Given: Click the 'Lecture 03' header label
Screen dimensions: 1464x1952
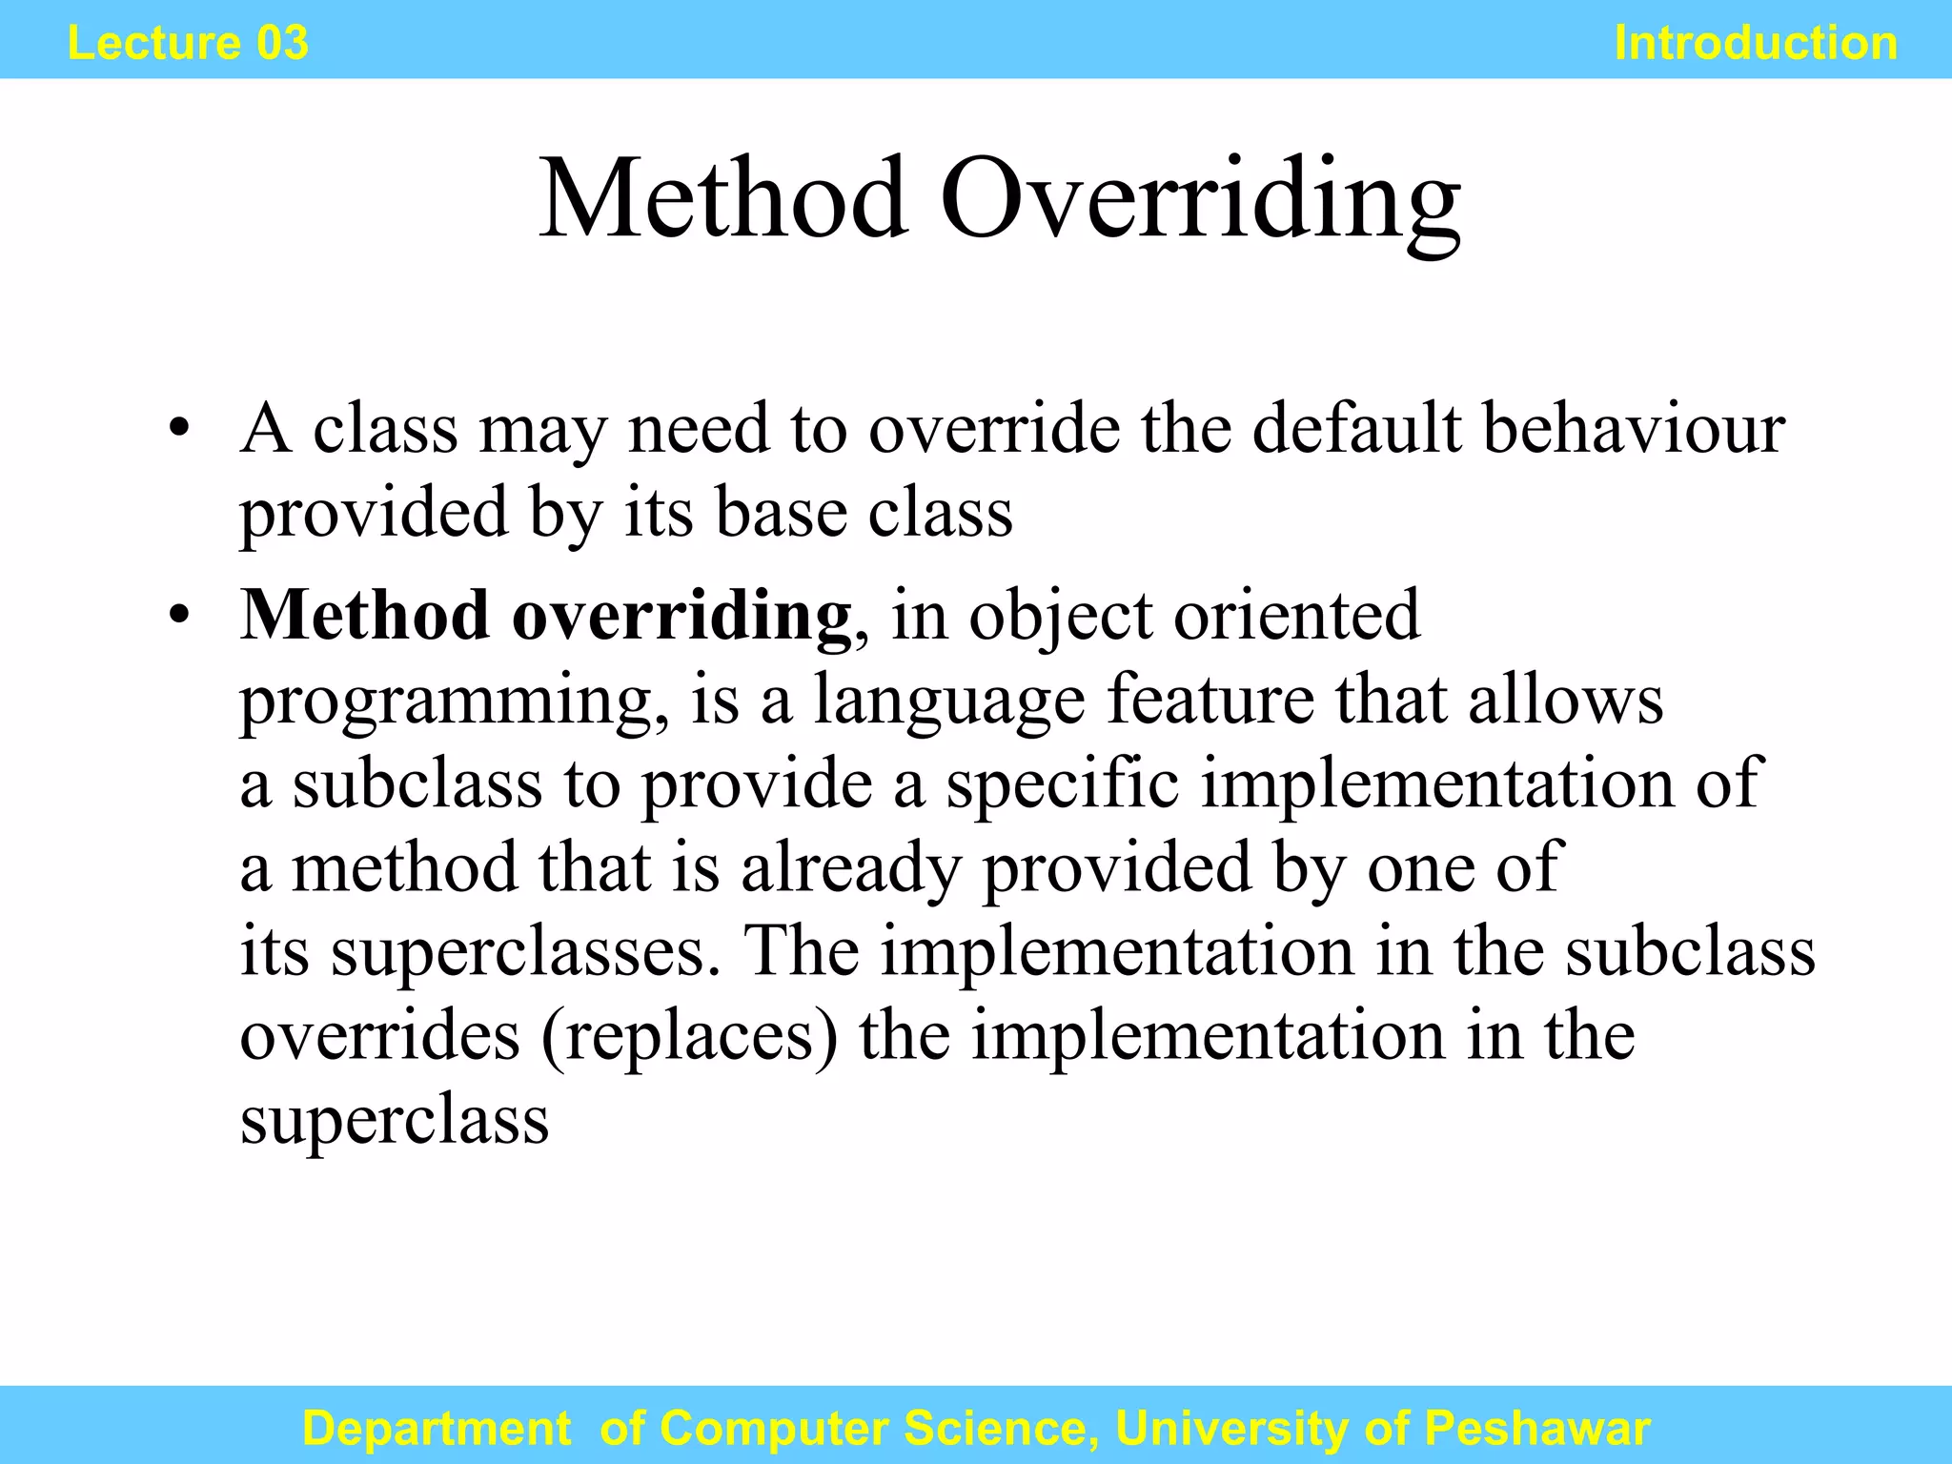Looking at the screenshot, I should [x=188, y=43].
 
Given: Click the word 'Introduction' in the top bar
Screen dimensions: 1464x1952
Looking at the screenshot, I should [x=1756, y=43].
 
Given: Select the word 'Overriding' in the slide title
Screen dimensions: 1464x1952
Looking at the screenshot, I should [x=1200, y=200].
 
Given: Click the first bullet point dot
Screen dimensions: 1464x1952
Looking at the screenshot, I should [x=178, y=429].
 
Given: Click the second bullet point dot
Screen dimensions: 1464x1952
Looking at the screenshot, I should [x=178, y=616].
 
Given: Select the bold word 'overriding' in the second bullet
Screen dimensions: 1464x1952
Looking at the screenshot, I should [x=681, y=616].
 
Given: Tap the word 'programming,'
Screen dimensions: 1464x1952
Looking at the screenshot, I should [x=454, y=701].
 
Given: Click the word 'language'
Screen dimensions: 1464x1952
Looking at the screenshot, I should [x=948, y=701].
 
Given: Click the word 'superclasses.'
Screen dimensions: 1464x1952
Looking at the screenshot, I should [x=525, y=952].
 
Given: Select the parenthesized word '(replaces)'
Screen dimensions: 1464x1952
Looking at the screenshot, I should [x=690, y=1036].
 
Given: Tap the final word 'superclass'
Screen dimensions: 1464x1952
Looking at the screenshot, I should [x=394, y=1120].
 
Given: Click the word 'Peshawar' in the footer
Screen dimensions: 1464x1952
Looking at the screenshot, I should [x=1536, y=1428].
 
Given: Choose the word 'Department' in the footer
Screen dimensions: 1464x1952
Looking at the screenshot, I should [x=437, y=1428].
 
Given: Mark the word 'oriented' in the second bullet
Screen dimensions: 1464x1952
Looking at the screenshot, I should [x=1296, y=616].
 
